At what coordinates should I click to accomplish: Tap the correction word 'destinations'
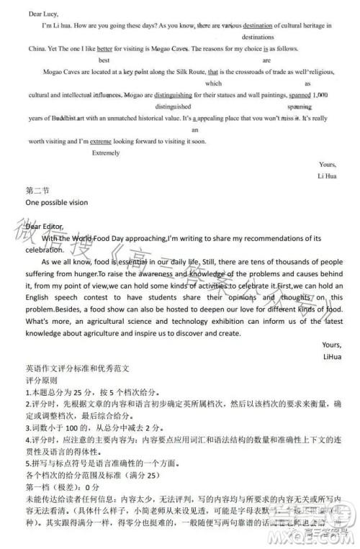[257, 36]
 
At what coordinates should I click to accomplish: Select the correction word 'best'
[104, 61]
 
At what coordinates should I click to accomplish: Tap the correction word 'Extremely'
[107, 153]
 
